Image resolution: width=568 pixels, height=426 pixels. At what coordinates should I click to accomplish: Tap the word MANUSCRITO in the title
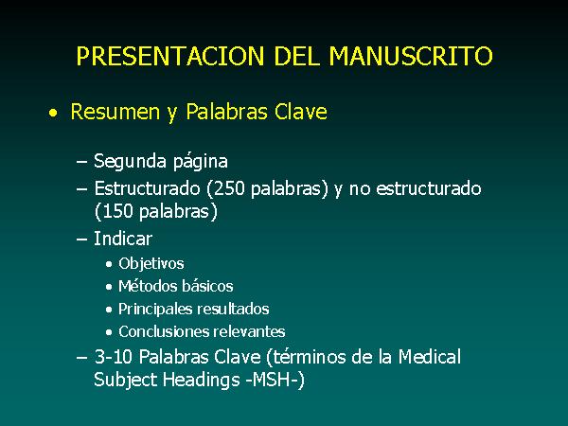tap(411, 56)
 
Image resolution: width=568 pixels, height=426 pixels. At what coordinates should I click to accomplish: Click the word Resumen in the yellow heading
tap(115, 112)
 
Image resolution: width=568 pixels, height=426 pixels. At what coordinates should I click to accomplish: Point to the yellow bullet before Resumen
tap(53, 113)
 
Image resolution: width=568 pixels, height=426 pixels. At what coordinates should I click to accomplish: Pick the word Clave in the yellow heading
tap(301, 111)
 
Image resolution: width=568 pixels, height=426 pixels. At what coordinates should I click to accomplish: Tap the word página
tap(200, 162)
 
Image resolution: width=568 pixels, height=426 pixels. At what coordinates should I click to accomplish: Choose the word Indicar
tap(123, 239)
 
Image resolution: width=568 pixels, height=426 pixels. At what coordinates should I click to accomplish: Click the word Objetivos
tap(151, 263)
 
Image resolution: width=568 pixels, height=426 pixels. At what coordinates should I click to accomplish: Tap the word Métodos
tap(148, 286)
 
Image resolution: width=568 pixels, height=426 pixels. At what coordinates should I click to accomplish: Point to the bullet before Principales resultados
tap(109, 310)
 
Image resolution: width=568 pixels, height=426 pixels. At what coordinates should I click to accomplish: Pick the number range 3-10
tap(113, 357)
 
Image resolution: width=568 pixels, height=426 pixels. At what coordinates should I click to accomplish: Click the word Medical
tap(430, 357)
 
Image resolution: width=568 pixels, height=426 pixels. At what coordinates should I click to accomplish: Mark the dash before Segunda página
tap(81, 162)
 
